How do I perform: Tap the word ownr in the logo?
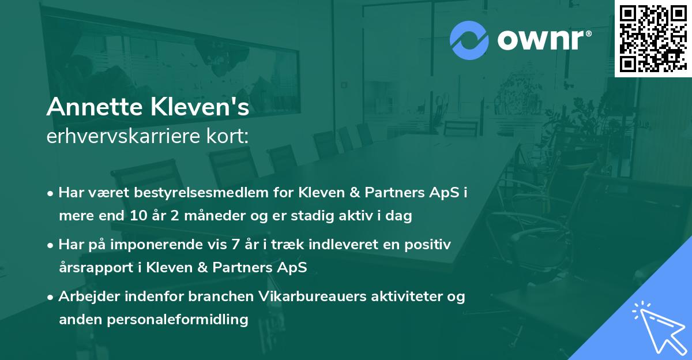point(544,40)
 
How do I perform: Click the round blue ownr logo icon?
point(469,40)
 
